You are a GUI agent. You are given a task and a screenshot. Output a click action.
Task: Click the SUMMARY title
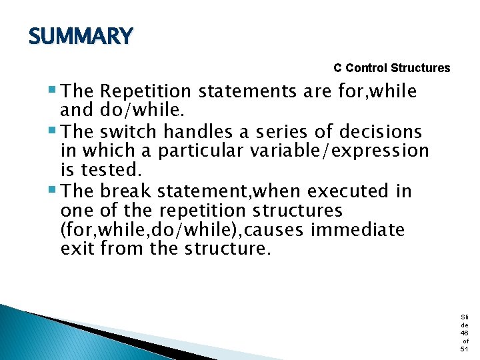(81, 36)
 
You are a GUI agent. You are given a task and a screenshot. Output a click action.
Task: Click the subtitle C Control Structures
(391, 68)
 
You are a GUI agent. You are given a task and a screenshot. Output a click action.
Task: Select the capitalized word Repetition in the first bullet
(147, 91)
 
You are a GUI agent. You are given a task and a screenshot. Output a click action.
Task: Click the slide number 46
(464, 332)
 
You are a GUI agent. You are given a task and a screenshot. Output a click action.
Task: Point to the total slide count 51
(464, 349)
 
